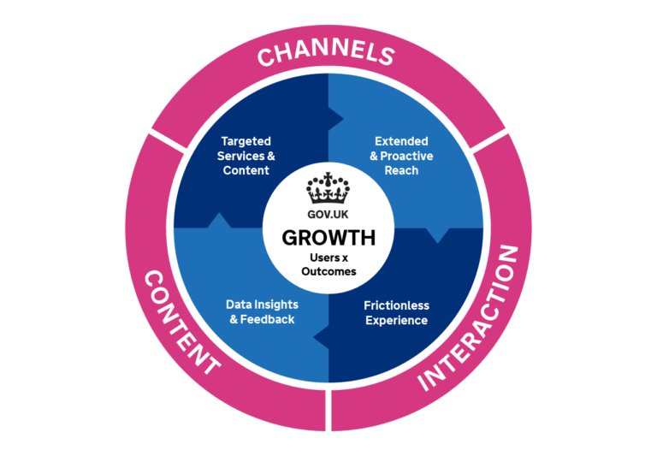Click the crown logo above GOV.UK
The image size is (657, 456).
click(x=328, y=187)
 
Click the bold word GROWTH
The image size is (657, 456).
click(x=328, y=237)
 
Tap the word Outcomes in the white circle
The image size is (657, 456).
click(x=328, y=271)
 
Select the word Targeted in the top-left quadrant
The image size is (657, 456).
click(x=246, y=141)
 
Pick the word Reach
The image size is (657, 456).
click(x=401, y=170)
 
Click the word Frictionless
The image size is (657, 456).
click(x=396, y=305)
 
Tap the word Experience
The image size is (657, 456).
click(x=396, y=321)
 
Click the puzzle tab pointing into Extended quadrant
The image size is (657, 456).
click(x=336, y=115)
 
